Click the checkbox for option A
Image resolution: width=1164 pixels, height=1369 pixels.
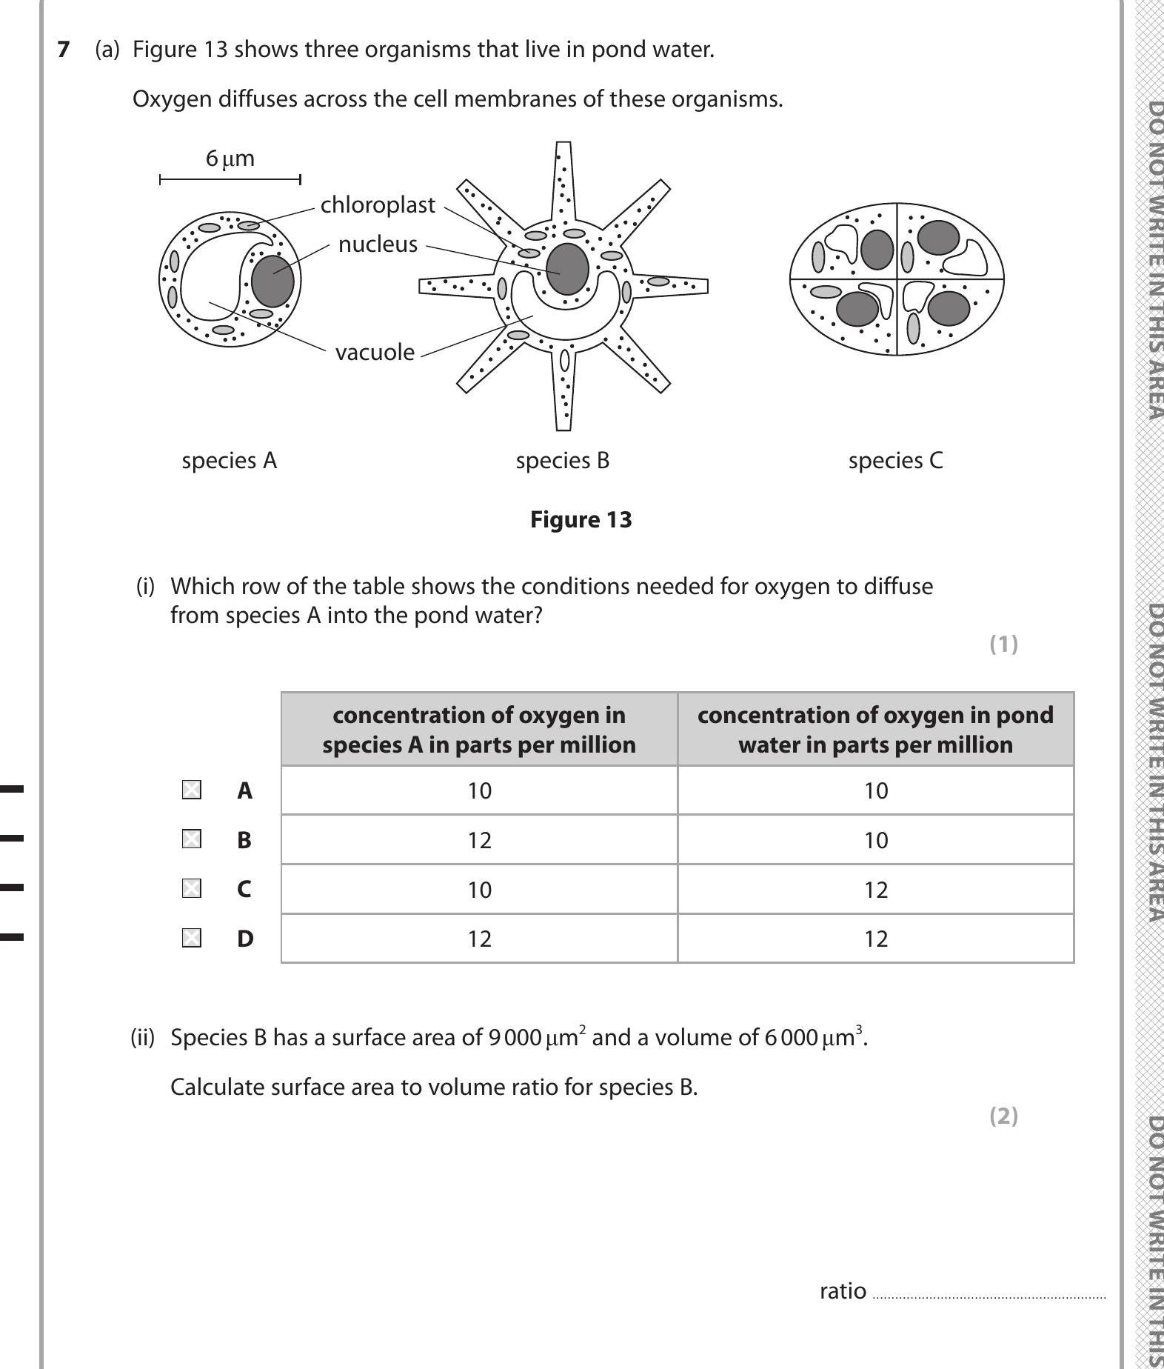tap(191, 790)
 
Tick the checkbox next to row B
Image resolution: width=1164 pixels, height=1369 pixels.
tap(191, 839)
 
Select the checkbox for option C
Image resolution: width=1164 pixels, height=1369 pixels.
tap(191, 888)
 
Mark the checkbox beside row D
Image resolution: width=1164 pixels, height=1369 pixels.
tap(191, 938)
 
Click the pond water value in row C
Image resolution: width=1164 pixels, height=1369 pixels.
tap(875, 889)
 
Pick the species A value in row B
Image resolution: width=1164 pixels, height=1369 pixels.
tap(479, 840)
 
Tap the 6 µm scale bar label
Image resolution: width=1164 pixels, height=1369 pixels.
tap(230, 159)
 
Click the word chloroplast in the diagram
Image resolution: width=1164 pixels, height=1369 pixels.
tap(378, 204)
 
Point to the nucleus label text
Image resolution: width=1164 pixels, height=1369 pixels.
tap(378, 244)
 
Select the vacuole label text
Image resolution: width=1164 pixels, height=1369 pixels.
tap(375, 352)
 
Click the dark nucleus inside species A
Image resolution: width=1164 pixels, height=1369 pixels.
tap(272, 281)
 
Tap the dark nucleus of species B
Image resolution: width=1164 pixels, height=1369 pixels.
tap(567, 268)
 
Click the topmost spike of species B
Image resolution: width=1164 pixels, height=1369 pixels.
tap(563, 178)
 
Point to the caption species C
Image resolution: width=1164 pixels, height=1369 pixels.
tap(895, 460)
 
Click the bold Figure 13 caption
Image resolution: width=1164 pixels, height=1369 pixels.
tap(581, 519)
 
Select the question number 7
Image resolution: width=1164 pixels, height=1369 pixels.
tap(64, 50)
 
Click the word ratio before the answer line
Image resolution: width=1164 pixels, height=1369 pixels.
tap(842, 1290)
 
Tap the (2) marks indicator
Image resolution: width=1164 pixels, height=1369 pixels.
tap(1003, 1116)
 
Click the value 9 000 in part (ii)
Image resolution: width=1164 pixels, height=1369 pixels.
tap(515, 1037)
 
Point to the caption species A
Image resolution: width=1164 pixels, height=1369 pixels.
tap(229, 460)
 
